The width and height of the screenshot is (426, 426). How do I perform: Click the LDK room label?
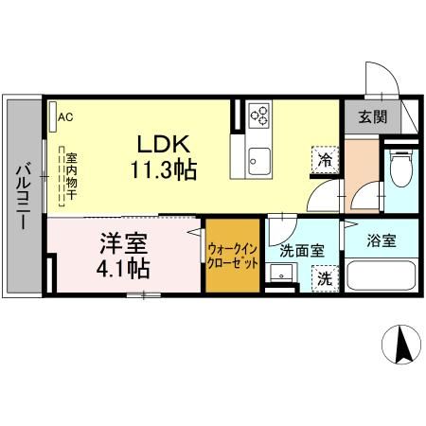pyautogui.click(x=166, y=145)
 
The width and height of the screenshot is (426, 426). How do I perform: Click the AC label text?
pyautogui.click(x=65, y=118)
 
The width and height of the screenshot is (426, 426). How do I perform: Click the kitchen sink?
pyautogui.click(x=258, y=161)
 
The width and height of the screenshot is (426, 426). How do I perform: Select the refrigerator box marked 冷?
pyautogui.click(x=325, y=161)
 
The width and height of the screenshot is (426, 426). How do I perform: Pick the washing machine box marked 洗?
pyautogui.click(x=324, y=279)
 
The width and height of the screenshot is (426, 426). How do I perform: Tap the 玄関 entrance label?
pyautogui.click(x=372, y=117)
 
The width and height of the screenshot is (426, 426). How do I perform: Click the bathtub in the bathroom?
pyautogui.click(x=382, y=277)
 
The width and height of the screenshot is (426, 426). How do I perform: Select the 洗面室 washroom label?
pyautogui.click(x=302, y=252)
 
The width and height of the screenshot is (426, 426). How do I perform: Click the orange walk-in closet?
pyautogui.click(x=232, y=255)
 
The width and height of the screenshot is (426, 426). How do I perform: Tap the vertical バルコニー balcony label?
pyautogui.click(x=21, y=199)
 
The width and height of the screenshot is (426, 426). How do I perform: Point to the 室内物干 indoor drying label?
pyautogui.click(x=71, y=175)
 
